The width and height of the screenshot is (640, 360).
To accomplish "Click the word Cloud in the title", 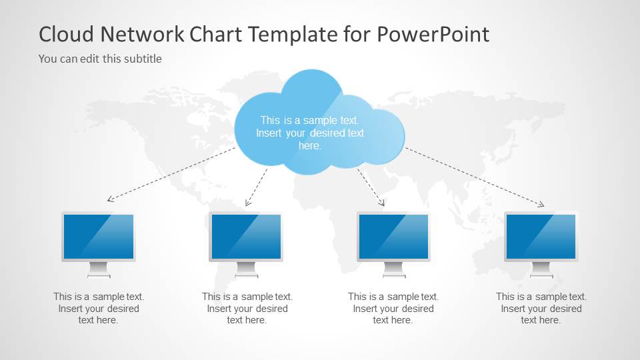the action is click(67, 34).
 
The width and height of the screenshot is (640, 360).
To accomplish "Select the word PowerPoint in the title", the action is click(433, 34).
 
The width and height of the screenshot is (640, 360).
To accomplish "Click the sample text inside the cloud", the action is click(310, 133).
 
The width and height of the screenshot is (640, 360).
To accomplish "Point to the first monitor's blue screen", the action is click(99, 237).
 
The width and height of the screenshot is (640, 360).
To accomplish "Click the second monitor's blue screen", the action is click(246, 237).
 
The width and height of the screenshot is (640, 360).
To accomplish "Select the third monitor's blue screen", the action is click(393, 237).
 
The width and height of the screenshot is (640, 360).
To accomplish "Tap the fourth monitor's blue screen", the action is click(541, 237).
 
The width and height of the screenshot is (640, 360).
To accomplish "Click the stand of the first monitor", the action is click(99, 270).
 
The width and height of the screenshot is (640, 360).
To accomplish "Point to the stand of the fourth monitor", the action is click(541, 270).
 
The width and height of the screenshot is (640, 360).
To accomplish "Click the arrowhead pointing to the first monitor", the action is click(109, 199).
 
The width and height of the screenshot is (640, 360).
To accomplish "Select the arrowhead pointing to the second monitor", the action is click(247, 203).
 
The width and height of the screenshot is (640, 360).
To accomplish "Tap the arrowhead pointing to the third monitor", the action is click(382, 203).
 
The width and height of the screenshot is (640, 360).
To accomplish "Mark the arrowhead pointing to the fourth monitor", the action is click(541, 205).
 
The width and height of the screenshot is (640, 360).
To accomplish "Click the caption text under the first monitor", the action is click(99, 308).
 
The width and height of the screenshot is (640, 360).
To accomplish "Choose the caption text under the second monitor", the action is click(247, 308).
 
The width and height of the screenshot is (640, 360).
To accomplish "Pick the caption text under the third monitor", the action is click(393, 308).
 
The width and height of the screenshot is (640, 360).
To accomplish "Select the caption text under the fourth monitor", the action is click(541, 308).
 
